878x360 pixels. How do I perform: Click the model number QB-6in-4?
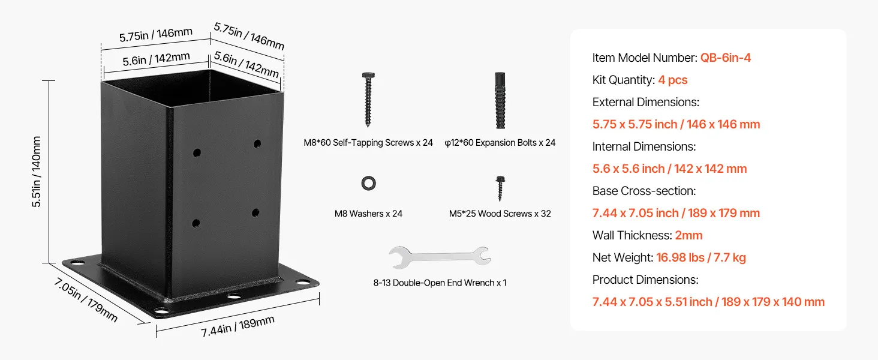pyautogui.click(x=726, y=58)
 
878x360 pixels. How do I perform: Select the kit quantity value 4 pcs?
pyautogui.click(x=673, y=80)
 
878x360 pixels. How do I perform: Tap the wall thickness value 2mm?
pyautogui.click(x=688, y=235)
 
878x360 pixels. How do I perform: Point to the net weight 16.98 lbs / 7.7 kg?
pyautogui.click(x=700, y=257)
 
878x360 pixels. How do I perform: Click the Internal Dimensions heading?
pyautogui.click(x=644, y=146)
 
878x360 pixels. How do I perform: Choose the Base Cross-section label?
pyautogui.click(x=644, y=191)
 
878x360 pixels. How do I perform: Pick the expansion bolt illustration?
pyautogui.click(x=500, y=100)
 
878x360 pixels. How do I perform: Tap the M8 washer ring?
pyautogui.click(x=368, y=184)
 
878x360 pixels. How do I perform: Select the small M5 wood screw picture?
pyautogui.click(x=499, y=188)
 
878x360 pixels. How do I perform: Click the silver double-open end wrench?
pyautogui.click(x=440, y=256)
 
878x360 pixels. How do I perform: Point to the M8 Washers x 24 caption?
pyautogui.click(x=368, y=214)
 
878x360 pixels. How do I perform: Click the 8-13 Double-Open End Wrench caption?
pyautogui.click(x=440, y=283)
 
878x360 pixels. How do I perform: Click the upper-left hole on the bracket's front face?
pyautogui.click(x=197, y=153)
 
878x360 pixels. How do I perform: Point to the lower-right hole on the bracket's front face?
pyautogui.click(x=255, y=212)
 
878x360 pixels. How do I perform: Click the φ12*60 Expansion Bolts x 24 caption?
pyautogui.click(x=500, y=143)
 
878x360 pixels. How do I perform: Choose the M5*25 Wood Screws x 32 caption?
pyautogui.click(x=500, y=214)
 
